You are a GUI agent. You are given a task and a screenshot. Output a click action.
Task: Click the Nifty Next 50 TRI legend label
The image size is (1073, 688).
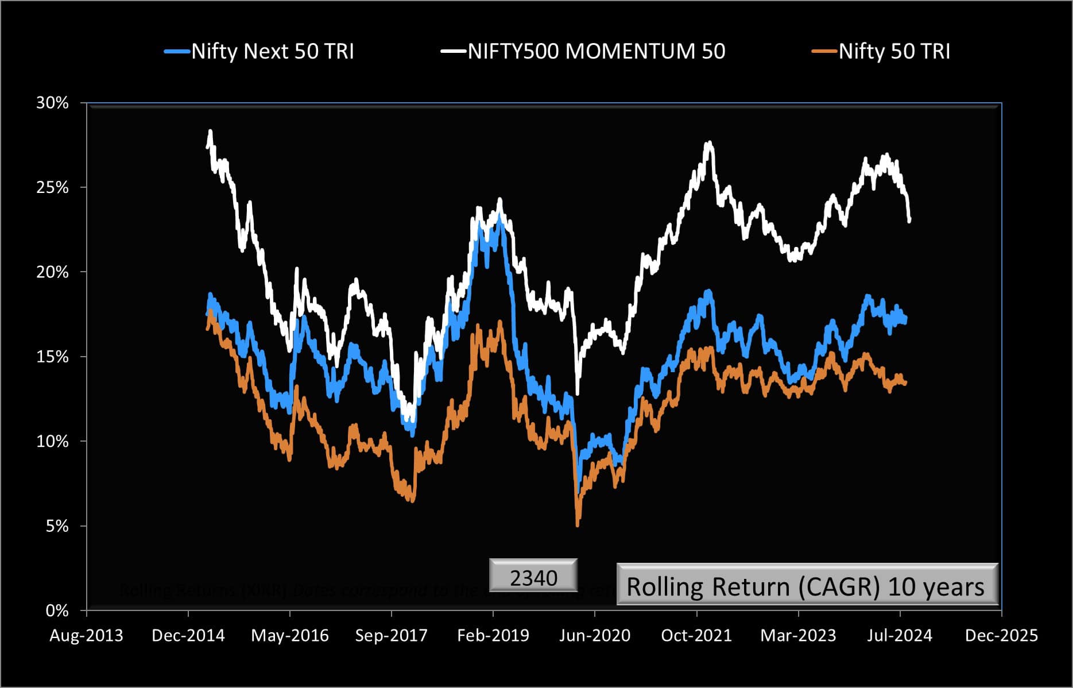click(273, 52)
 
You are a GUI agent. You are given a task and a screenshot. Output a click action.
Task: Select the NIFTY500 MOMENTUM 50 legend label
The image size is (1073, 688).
click(596, 52)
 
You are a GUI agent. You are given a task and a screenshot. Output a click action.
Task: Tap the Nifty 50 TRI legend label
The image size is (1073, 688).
click(894, 52)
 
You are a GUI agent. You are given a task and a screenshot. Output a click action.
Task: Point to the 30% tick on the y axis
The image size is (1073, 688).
click(52, 103)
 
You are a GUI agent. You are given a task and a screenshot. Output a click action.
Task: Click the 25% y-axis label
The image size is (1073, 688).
click(52, 188)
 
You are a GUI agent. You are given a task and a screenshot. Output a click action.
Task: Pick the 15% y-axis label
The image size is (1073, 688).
click(52, 357)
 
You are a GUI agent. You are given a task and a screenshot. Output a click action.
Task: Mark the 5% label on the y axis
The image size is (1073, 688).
click(56, 527)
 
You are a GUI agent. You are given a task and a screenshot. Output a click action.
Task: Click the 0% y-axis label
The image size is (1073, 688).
click(56, 611)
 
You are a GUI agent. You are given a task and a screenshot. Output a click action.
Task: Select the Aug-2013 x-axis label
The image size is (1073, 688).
click(86, 636)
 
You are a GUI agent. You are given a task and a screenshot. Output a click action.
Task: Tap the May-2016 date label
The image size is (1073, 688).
click(290, 636)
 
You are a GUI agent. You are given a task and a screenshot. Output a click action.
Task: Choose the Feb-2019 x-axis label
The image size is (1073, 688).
click(493, 636)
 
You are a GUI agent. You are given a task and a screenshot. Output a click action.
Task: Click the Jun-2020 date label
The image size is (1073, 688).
click(595, 636)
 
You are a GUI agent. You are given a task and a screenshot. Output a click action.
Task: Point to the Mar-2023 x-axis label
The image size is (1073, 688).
click(798, 636)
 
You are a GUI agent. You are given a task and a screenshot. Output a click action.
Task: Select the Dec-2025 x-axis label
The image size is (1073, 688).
click(1001, 636)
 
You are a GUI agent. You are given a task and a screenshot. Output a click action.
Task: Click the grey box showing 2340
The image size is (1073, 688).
click(533, 576)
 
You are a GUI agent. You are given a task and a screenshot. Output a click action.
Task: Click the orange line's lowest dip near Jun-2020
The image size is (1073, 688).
click(577, 524)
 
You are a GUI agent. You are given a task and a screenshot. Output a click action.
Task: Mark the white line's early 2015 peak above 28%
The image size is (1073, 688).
click(210, 132)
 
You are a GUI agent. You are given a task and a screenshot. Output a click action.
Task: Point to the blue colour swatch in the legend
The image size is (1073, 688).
click(177, 52)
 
